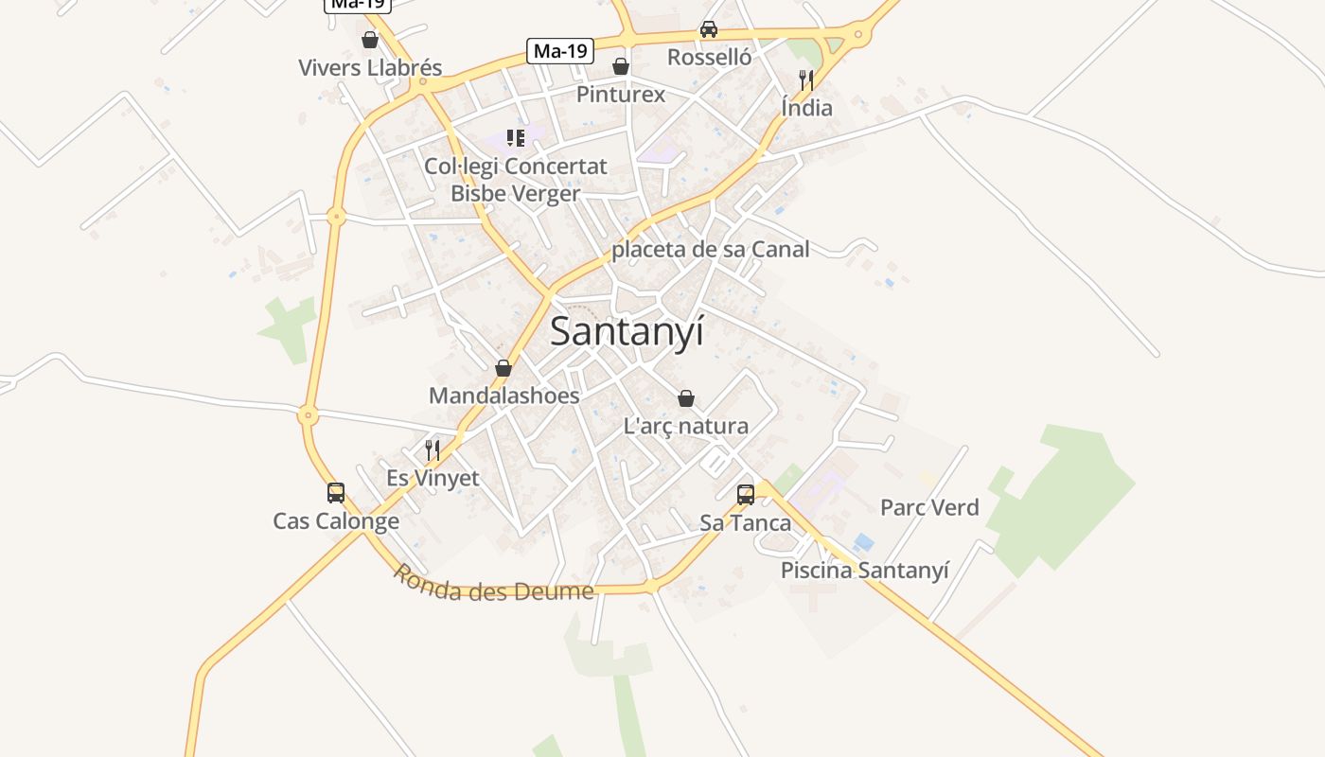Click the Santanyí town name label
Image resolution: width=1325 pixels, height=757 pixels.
click(x=627, y=332)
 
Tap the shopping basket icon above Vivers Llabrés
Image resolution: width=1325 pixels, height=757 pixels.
click(x=370, y=41)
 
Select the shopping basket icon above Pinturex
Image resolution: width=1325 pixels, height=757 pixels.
click(x=621, y=66)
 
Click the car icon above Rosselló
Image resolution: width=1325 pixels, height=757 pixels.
click(x=709, y=29)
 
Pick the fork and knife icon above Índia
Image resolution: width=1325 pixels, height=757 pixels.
click(x=806, y=79)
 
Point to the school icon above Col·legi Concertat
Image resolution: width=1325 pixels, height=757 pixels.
click(x=516, y=138)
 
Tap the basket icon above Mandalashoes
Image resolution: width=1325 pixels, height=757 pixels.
click(x=503, y=368)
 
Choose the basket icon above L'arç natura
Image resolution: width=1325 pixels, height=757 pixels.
click(x=686, y=398)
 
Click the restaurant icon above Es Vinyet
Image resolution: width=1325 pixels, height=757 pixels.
click(x=433, y=449)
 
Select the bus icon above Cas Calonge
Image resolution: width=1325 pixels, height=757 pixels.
click(x=336, y=493)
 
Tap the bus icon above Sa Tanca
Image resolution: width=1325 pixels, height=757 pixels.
click(x=746, y=494)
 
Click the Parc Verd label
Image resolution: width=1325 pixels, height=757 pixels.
click(x=929, y=508)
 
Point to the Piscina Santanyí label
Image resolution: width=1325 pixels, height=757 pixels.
click(x=864, y=571)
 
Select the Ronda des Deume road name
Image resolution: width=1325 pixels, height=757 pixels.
click(x=493, y=585)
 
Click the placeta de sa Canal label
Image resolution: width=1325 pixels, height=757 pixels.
click(x=711, y=250)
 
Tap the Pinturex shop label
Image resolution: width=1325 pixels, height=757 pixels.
click(x=621, y=95)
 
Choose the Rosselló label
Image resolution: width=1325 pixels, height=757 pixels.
click(x=709, y=58)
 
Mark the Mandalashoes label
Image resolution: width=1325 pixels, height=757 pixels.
click(x=504, y=396)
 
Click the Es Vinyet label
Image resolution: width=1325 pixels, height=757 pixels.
click(x=433, y=479)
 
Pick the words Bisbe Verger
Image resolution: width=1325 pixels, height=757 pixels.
click(x=516, y=194)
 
